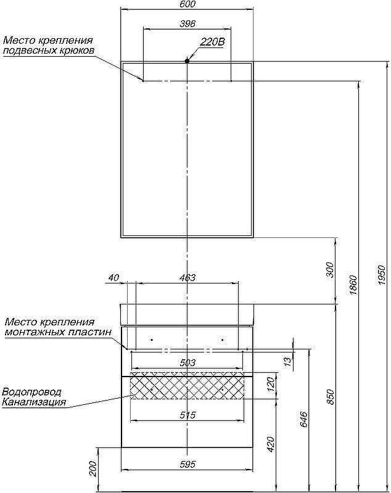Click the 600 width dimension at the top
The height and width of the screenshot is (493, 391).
coord(187,5)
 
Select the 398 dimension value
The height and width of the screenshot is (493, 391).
coord(187,24)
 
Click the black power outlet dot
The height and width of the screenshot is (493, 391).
coord(187,60)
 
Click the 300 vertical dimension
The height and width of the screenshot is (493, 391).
coord(329,270)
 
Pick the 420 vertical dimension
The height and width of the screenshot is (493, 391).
coord(270,444)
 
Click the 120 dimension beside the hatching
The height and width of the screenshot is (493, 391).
coord(269,386)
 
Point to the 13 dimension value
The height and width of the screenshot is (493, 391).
coord(286,361)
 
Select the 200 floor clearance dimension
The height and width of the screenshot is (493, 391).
coord(93,470)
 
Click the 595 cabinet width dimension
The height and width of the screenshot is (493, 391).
coord(187,465)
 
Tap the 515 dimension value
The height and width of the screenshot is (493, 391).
coord(187,415)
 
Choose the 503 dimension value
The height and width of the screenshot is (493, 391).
coord(187,363)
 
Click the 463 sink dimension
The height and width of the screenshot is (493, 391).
coord(187,278)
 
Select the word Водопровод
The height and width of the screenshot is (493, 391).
coord(32,392)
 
